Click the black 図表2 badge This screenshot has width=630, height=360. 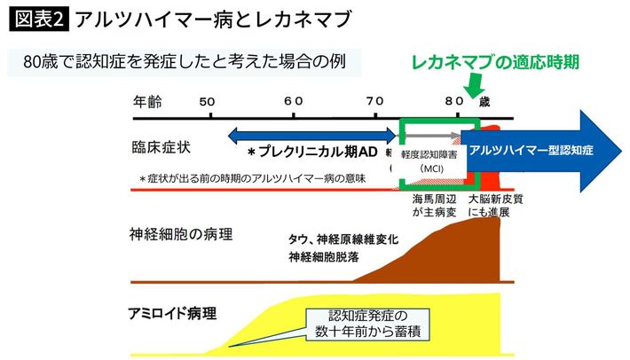click(x=38, y=19)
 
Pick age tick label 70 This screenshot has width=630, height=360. click(x=375, y=100)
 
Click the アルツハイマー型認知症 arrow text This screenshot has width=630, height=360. click(x=531, y=150)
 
